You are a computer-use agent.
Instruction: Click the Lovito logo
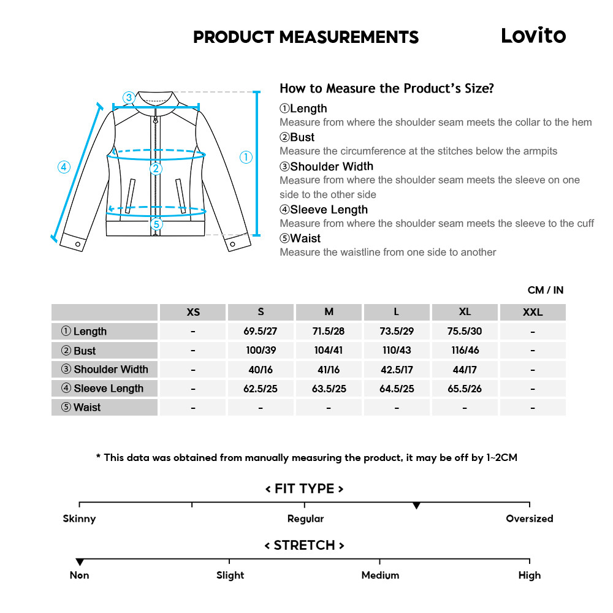point(533,36)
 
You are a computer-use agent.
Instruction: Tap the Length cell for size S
point(261,331)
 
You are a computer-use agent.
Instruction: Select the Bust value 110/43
point(396,351)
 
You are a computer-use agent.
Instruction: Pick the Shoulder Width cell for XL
point(465,370)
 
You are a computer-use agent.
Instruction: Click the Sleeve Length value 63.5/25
point(329,389)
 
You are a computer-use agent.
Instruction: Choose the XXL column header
point(532,312)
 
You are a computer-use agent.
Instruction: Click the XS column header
point(193,312)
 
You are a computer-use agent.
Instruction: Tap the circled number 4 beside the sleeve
point(64,167)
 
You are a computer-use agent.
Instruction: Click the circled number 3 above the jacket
point(128,97)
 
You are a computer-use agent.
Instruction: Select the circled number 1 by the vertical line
point(246,158)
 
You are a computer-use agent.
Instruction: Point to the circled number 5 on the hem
point(157,224)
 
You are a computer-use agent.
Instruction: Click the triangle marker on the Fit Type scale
point(416,506)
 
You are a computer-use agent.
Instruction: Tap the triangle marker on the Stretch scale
point(80,562)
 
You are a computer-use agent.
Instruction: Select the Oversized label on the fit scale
point(529,519)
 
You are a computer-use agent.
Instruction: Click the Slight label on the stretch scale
point(230,575)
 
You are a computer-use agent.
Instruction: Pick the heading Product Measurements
point(306,37)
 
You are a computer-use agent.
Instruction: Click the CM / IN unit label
point(545,290)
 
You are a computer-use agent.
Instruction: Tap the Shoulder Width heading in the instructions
point(331,166)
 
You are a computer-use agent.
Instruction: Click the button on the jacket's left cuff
point(78,244)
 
